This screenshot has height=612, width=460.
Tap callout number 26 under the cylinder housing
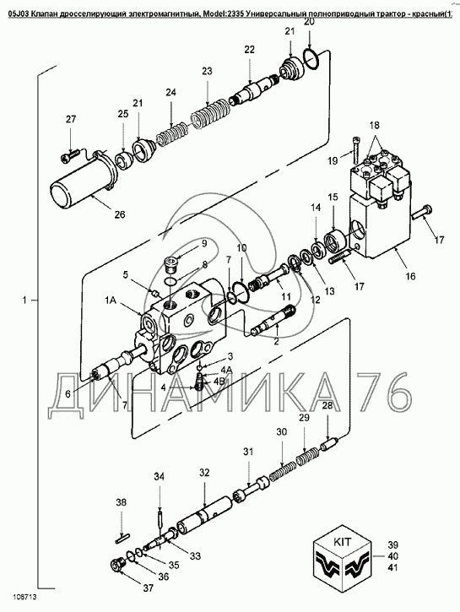pos(120,214)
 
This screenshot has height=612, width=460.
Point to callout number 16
pos(410,276)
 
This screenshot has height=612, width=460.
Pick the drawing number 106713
pos(24,597)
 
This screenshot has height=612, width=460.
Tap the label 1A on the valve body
pos(111,301)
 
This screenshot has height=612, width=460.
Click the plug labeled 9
pos(171,263)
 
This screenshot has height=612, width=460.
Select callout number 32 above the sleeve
pos(204,473)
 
